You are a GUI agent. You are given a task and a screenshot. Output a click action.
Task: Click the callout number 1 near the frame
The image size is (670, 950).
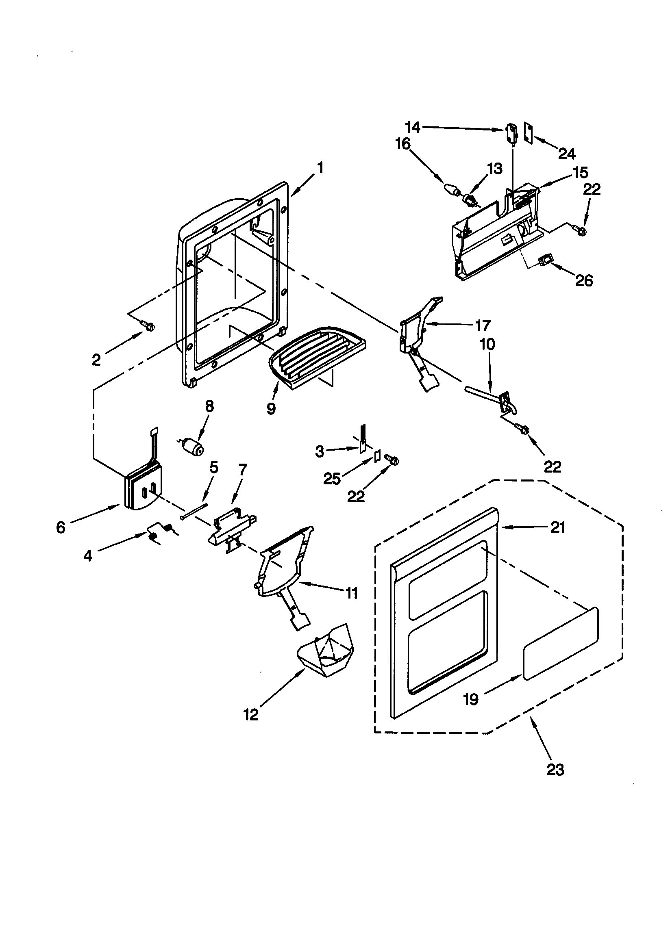coord(320,167)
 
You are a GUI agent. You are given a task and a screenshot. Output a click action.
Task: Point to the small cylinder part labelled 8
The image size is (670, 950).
coord(193,447)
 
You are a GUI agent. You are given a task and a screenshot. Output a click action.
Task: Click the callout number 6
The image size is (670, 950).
coord(61,527)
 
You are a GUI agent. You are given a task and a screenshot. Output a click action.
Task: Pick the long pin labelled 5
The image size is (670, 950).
coord(194,511)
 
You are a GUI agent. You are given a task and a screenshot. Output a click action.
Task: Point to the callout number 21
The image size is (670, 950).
coord(558,527)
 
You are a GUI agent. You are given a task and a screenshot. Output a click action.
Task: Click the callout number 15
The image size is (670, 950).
coord(581,172)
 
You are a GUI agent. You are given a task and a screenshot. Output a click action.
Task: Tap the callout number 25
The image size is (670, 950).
coord(332,478)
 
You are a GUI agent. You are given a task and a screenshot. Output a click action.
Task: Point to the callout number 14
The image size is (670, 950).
coord(412,128)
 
